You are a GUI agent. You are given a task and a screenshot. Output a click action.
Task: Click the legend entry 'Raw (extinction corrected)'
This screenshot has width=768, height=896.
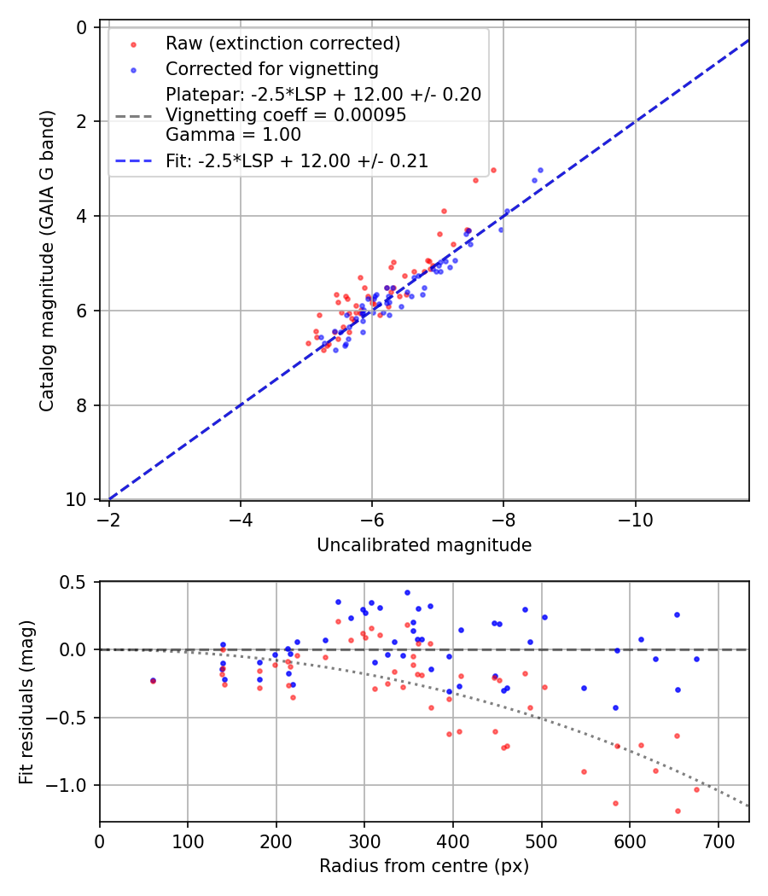point(282,44)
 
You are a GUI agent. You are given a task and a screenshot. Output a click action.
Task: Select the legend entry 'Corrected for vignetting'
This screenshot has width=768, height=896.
point(272,68)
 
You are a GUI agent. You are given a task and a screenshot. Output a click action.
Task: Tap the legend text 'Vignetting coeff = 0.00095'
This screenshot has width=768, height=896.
point(286,114)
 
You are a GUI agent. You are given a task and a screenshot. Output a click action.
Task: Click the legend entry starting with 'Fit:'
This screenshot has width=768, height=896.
point(297,160)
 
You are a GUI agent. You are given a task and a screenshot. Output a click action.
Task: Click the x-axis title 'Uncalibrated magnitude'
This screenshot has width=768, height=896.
point(424,545)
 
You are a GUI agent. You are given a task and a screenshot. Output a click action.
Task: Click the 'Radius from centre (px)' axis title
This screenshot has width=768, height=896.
point(424,866)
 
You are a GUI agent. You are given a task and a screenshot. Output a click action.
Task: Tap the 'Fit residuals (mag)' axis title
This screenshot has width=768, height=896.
point(26,701)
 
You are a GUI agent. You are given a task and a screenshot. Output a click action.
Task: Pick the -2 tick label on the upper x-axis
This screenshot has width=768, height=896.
point(109,520)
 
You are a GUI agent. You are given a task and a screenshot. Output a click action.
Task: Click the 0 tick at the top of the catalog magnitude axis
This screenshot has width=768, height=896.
point(83,27)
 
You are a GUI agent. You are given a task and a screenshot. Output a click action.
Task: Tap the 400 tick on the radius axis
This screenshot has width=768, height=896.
point(453,841)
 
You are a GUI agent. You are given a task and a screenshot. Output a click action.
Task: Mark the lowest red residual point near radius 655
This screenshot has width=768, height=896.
point(678,811)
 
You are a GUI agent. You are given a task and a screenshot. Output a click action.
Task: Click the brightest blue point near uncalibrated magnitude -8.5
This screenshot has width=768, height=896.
point(540,170)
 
